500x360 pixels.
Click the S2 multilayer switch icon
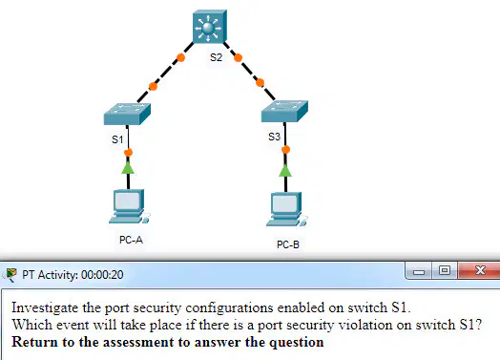click(210, 27)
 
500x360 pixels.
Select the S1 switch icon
click(127, 114)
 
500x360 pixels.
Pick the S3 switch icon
click(284, 111)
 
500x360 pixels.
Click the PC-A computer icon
click(129, 206)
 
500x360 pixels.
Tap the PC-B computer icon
click(286, 209)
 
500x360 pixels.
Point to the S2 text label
click(216, 57)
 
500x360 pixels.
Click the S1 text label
click(117, 139)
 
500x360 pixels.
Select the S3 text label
click(274, 137)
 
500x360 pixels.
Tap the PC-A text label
click(131, 240)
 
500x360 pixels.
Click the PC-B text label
click(288, 244)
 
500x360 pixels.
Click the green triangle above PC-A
click(128, 168)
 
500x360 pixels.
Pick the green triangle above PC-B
click(285, 170)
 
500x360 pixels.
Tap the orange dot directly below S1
click(128, 153)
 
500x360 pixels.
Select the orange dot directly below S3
click(285, 150)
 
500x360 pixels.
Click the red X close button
click(479, 270)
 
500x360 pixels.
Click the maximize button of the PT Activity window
click(445, 270)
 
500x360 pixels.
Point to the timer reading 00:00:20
click(102, 275)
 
